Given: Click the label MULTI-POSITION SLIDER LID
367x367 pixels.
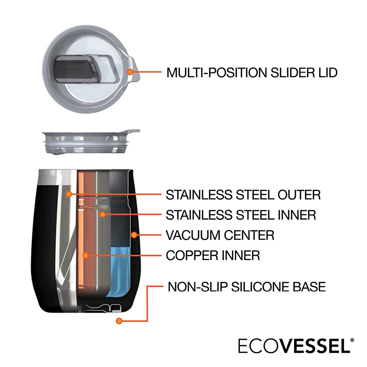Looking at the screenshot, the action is pyautogui.click(x=252, y=72).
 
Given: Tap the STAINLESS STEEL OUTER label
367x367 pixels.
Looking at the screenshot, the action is pyautogui.click(x=243, y=195).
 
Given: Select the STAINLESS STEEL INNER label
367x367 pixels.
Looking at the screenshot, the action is pyautogui.click(x=241, y=215).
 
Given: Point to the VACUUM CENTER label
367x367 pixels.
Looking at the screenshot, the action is pyautogui.click(x=220, y=235).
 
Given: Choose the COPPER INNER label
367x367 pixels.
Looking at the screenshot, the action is pyautogui.click(x=213, y=255).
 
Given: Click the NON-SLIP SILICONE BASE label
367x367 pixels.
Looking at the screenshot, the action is pyautogui.click(x=247, y=287).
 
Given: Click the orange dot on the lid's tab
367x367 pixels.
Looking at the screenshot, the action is pyautogui.click(x=130, y=72).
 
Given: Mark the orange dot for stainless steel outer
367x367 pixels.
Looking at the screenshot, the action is pyautogui.click(x=68, y=194).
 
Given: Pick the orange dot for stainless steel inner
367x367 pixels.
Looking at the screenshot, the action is pyautogui.click(x=102, y=214).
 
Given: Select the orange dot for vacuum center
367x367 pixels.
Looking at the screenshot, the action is pyautogui.click(x=134, y=234).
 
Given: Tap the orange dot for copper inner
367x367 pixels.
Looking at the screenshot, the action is pyautogui.click(x=85, y=255).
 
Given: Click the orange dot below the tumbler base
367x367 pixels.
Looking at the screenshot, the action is pyautogui.click(x=119, y=321).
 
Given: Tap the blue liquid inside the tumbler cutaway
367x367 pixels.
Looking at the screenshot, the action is pyautogui.click(x=118, y=272).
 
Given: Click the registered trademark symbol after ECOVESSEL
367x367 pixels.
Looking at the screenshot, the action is pyautogui.click(x=352, y=340).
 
